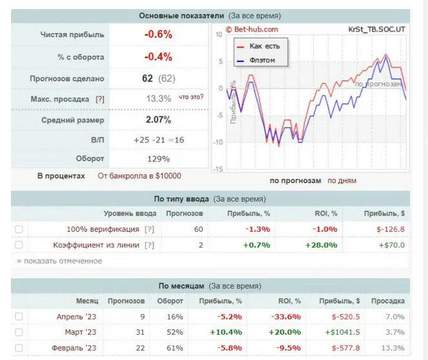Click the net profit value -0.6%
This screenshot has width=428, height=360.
click(158, 35)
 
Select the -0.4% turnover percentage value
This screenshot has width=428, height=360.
click(158, 57)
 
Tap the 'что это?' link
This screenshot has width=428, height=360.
click(190, 97)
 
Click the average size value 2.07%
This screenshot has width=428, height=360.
click(158, 120)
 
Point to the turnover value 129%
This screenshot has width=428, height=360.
click(158, 159)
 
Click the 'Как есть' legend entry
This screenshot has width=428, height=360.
click(262, 47)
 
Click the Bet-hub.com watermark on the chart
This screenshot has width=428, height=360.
click(252, 29)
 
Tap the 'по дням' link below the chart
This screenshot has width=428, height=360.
click(341, 181)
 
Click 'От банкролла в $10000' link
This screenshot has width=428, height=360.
click(139, 175)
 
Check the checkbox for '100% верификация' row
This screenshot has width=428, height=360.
click(19, 229)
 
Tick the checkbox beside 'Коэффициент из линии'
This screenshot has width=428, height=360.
click(19, 245)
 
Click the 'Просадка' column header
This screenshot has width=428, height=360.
click(389, 301)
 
